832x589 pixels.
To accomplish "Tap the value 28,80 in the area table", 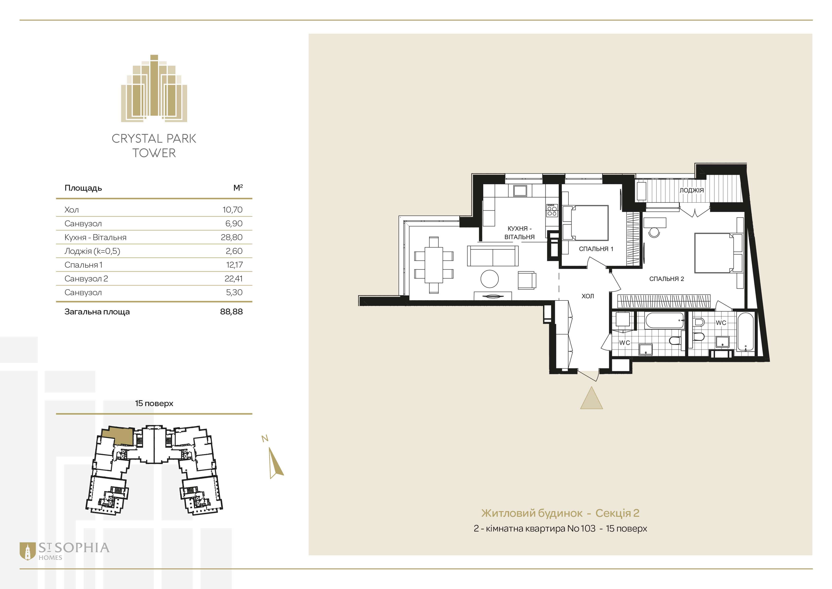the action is click(232, 237).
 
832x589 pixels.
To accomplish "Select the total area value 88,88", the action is click(232, 312).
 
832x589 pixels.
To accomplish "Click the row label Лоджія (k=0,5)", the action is click(92, 251).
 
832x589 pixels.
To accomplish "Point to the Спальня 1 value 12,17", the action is click(234, 265).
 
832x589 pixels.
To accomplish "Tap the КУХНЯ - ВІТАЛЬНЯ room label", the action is click(519, 233).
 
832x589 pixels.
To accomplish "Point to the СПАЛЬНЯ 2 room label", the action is click(666, 279).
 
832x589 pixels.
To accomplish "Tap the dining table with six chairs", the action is click(434, 265).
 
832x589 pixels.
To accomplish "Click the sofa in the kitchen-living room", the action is click(493, 256).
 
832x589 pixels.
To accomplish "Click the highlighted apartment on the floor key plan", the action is click(118, 436).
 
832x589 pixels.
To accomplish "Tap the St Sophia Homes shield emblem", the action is click(28, 551).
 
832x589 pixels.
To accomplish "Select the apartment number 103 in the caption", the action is click(588, 528).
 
